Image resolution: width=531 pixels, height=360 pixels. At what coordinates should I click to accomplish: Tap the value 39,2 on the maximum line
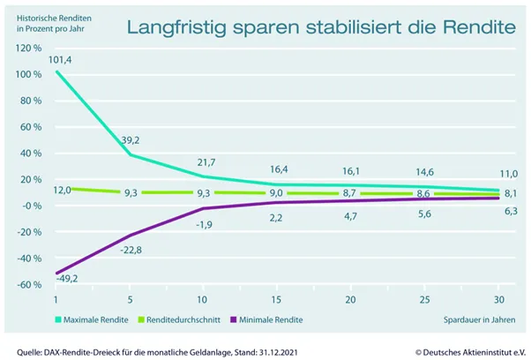(134, 139)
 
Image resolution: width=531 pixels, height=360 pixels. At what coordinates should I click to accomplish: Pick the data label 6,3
(499, 212)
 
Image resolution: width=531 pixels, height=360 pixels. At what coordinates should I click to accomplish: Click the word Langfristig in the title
(175, 26)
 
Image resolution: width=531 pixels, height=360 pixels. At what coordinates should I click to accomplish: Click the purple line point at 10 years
(205, 208)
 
